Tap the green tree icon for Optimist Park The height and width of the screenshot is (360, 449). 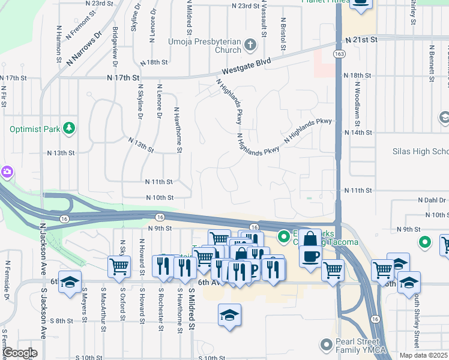click(x=70, y=128)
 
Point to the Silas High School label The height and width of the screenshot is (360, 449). click(x=420, y=151)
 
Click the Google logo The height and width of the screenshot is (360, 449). click(x=20, y=353)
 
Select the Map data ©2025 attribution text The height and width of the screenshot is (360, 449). click(x=423, y=355)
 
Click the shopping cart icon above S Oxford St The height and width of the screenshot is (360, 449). click(x=119, y=267)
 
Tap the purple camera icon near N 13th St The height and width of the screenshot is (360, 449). click(x=7, y=172)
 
